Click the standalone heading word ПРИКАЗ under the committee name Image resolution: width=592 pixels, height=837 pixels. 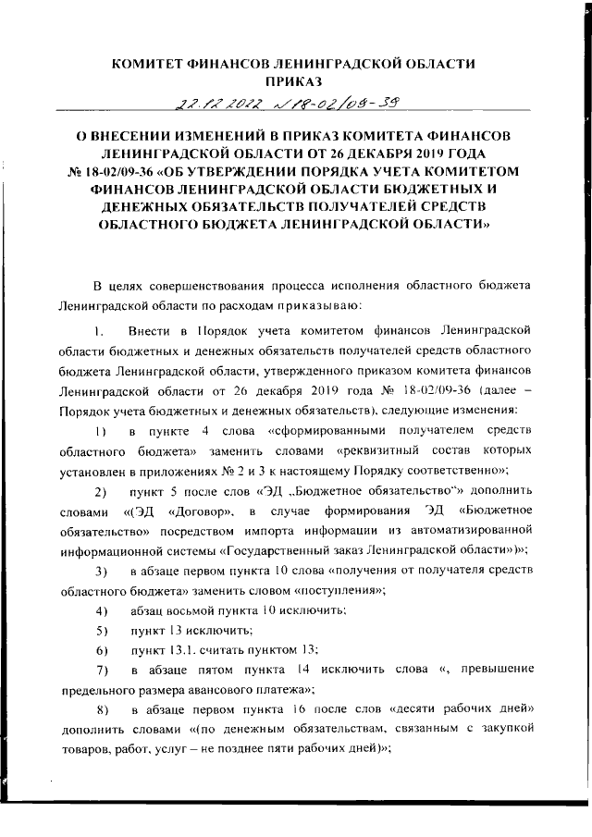click(293, 81)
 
